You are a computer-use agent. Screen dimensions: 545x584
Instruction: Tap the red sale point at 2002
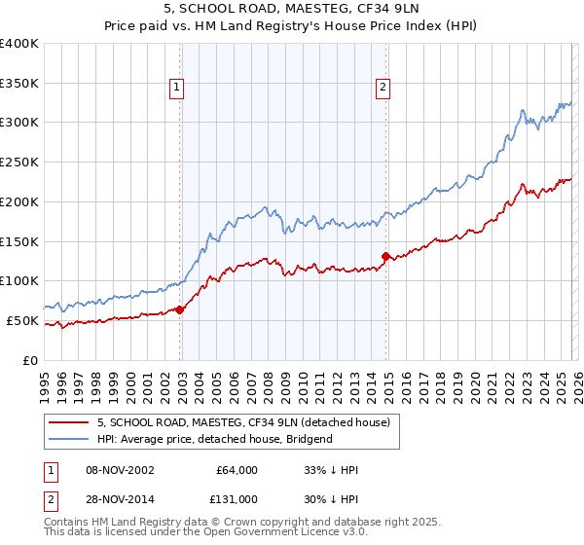(180, 309)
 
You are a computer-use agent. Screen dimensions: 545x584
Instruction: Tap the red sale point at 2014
(386, 256)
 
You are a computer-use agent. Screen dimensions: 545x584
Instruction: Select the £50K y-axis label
(22, 320)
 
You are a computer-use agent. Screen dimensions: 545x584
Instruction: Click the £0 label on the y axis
(30, 360)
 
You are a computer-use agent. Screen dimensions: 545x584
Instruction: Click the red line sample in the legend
(69, 422)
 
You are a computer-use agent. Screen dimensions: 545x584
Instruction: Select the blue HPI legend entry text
(214, 439)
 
